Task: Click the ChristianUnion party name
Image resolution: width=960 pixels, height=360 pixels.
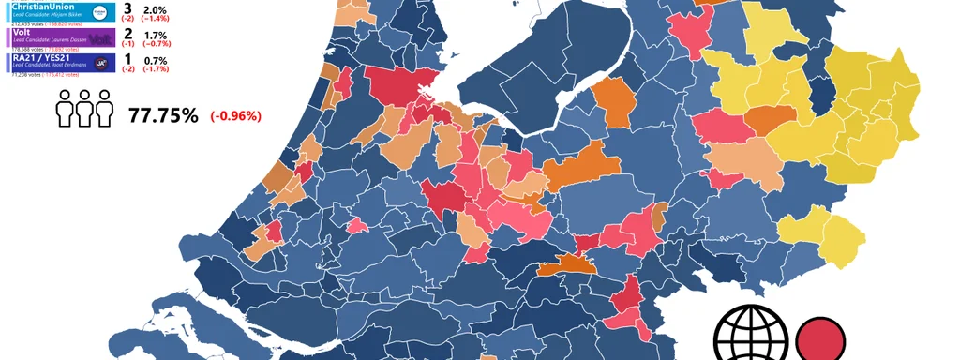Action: pyautogui.click(x=45, y=7)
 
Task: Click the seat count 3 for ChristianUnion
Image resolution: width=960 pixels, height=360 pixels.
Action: pyautogui.click(x=127, y=8)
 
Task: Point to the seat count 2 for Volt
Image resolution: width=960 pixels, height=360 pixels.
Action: pyautogui.click(x=127, y=34)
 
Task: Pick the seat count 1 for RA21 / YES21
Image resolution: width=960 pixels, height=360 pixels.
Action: pyautogui.click(x=127, y=59)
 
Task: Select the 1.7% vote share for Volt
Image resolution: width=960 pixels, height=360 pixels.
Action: pyautogui.click(x=154, y=35)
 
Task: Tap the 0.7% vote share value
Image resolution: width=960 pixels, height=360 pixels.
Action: pyautogui.click(x=154, y=60)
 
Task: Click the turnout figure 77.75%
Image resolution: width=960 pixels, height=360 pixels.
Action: pyautogui.click(x=163, y=115)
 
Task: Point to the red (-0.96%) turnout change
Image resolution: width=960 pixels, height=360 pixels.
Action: pyautogui.click(x=235, y=116)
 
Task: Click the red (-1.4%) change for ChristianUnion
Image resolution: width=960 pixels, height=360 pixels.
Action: pyautogui.click(x=156, y=19)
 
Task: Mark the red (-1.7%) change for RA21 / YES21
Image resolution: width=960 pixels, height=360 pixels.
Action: pyautogui.click(x=156, y=69)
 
